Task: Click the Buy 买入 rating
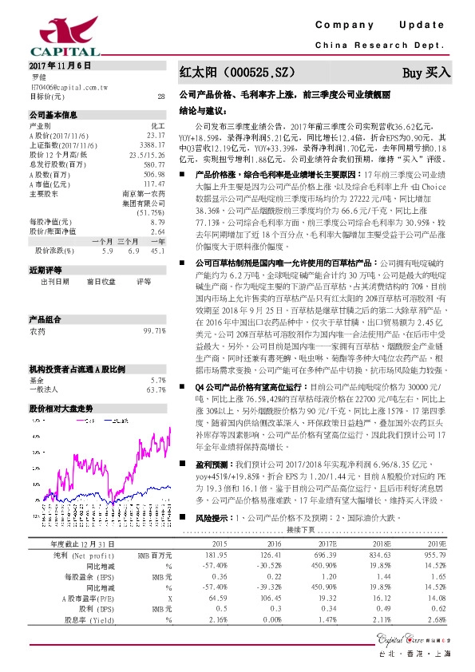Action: coord(426,72)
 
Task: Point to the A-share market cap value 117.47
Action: coord(152,183)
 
